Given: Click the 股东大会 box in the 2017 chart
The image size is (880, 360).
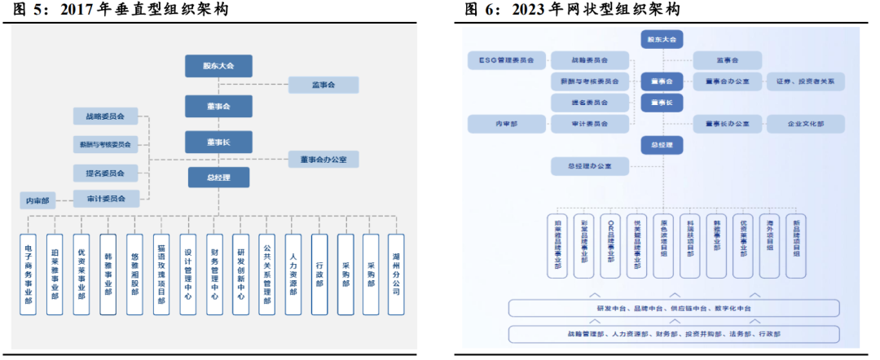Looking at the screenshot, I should pyautogui.click(x=218, y=66).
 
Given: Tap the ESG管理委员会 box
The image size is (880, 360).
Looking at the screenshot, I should pyautogui.click(x=507, y=60).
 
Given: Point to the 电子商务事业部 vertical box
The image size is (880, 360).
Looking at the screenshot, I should pyautogui.click(x=29, y=275).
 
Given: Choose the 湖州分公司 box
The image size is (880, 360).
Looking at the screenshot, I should pyautogui.click(x=395, y=275).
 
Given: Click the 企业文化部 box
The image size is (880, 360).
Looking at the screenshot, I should pyautogui.click(x=805, y=124).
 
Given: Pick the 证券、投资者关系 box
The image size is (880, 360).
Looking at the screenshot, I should pyautogui.click(x=805, y=81).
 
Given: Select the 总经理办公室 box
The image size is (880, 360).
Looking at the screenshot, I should pyautogui.click(x=590, y=166).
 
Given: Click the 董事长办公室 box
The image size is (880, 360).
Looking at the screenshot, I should pyautogui.click(x=727, y=124).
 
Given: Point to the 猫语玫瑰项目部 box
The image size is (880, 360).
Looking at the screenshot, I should pyautogui.click(x=161, y=275).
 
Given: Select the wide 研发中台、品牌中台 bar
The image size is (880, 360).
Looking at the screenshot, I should pyautogui.click(x=673, y=309).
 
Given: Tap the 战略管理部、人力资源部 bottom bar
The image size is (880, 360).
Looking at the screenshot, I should pyautogui.click(x=673, y=334).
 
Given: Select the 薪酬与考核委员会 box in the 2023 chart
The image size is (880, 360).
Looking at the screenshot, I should pyautogui.click(x=590, y=81).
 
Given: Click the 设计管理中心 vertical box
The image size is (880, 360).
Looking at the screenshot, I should pyautogui.click(x=188, y=275).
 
